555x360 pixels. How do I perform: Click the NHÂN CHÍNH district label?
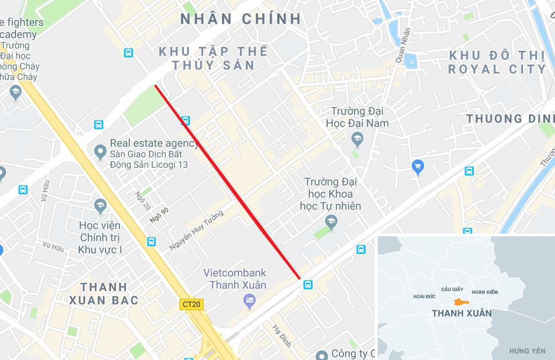click(241, 19)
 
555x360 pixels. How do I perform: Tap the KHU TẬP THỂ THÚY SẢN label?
click(213, 58)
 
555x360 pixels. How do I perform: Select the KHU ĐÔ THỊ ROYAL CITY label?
click(497, 62)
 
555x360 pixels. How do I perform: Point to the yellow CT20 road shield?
click(192, 304)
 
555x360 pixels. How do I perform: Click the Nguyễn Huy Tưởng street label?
click(197, 230)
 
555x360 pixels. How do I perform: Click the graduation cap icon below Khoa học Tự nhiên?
click(331, 223)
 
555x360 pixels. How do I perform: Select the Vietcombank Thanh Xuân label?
click(235, 279)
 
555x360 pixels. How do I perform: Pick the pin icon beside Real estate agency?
click(100, 151)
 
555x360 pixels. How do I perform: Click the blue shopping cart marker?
click(418, 166)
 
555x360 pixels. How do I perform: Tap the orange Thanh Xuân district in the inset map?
click(461, 302)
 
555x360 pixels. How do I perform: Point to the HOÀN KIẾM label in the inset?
click(485, 292)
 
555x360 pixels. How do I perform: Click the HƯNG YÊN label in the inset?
click(527, 351)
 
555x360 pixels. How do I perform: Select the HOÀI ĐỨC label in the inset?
click(424, 297)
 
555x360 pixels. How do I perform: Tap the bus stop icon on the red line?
click(186, 120)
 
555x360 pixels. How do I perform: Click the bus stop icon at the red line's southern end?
click(308, 284)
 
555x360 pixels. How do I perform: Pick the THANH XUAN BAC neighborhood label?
click(104, 294)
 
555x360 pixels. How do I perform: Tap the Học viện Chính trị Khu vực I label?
click(101, 237)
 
